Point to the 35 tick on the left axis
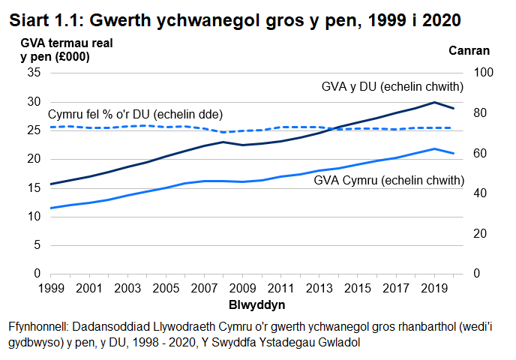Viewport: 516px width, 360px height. point(33,73)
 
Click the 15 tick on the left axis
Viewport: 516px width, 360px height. point(33,188)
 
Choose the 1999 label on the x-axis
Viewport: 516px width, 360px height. point(50,288)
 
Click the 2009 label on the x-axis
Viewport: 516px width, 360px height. point(241,288)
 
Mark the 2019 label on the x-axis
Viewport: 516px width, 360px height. point(433,288)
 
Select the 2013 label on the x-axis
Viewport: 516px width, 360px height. point(319,288)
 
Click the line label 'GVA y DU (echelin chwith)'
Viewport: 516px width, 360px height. point(392,87)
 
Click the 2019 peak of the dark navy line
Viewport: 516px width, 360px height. point(434,102)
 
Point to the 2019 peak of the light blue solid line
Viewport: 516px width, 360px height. point(434,148)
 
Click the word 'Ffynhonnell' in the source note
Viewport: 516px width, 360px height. point(37,328)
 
